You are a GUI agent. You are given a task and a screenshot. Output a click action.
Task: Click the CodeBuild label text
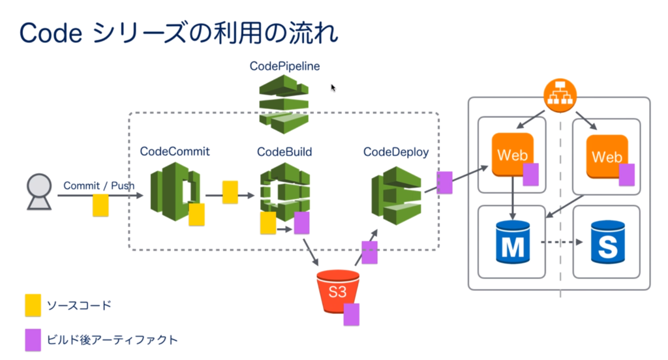pyautogui.click(x=284, y=152)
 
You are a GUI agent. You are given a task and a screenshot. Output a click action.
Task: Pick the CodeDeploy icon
pyautogui.click(x=397, y=195)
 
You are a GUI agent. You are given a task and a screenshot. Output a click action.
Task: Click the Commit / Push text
pyautogui.click(x=98, y=186)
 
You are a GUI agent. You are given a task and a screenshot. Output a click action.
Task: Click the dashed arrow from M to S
pyautogui.click(x=562, y=243)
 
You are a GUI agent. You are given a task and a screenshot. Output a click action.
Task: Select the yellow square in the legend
pyautogui.click(x=33, y=305)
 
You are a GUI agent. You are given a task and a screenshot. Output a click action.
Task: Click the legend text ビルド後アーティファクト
pyautogui.click(x=112, y=340)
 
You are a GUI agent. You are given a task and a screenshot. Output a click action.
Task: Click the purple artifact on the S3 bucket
pyautogui.click(x=352, y=314)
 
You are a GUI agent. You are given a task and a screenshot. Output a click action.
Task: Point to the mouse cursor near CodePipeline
pyautogui.click(x=333, y=88)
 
